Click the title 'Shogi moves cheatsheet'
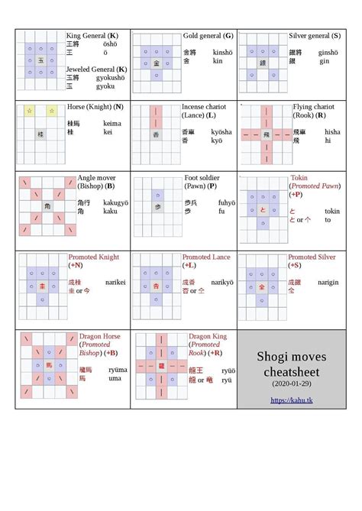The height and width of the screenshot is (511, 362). (291, 364)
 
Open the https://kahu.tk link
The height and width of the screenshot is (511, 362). (291, 400)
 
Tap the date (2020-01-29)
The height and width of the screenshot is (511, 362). (291, 382)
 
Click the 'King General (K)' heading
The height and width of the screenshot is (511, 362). (92, 36)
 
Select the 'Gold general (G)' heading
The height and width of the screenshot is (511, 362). (208, 36)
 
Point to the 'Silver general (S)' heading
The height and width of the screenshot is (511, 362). (315, 36)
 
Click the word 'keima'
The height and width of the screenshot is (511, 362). (112, 122)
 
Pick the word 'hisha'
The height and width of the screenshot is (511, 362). (332, 132)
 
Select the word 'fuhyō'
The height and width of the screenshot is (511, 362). (227, 203)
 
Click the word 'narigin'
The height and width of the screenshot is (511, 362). (328, 282)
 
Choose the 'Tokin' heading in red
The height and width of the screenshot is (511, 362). (299, 178)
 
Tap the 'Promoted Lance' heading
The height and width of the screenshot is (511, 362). (207, 257)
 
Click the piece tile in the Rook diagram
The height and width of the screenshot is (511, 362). (267, 134)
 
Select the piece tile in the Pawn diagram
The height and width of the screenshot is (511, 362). (156, 207)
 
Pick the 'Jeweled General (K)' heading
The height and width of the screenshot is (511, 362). (97, 69)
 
